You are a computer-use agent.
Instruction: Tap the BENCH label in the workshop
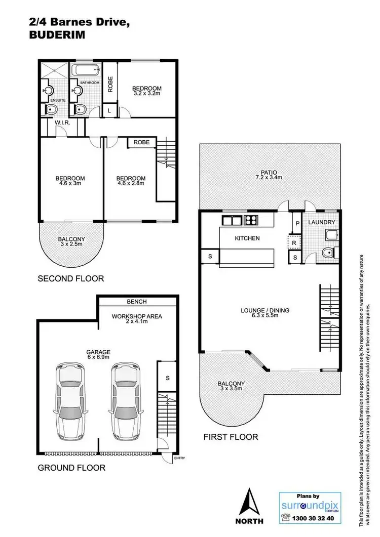point(137,302)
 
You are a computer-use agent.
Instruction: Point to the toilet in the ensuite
point(50,109)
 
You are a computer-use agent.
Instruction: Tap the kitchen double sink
point(232,220)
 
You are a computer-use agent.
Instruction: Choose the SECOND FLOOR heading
point(71,278)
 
